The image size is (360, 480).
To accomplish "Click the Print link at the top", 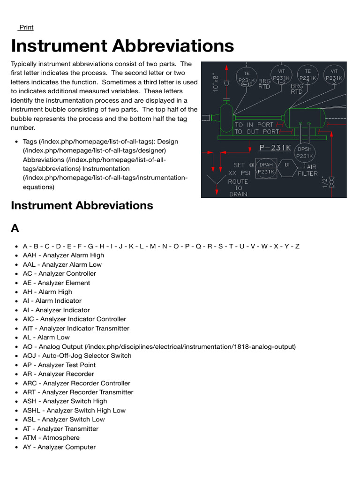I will pos(26,27).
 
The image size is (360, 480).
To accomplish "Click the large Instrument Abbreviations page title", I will pos(122,46).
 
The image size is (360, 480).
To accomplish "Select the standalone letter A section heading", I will pos(15,228).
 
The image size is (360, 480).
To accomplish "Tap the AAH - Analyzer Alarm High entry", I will pos(63,255).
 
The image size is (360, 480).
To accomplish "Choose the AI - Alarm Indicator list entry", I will pos(52,301).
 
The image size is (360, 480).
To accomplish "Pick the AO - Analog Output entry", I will pos(159,347).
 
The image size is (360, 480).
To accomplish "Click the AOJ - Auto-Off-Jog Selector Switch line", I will pos(77,356).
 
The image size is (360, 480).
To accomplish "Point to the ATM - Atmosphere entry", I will pos(51,438).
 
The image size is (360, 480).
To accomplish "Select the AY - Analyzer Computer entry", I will pos(59,447).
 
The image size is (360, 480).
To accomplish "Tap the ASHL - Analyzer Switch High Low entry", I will pos(74,411).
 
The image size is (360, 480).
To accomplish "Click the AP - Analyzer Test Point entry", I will pos(59,365).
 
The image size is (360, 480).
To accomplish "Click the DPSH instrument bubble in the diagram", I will pos(305,152).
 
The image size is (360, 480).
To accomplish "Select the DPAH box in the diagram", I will pos(266,168).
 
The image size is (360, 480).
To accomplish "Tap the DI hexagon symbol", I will pos(288,165).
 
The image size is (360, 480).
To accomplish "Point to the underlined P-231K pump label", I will pos(275,148).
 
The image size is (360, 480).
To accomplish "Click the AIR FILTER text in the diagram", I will pos(307,170).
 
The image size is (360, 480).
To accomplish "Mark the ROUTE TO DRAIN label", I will pos(238,187).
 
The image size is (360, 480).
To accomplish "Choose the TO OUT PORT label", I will pos(256,132).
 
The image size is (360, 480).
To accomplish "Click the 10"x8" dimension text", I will pos(216,82).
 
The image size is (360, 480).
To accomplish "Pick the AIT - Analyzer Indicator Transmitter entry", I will pos(76,329).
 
